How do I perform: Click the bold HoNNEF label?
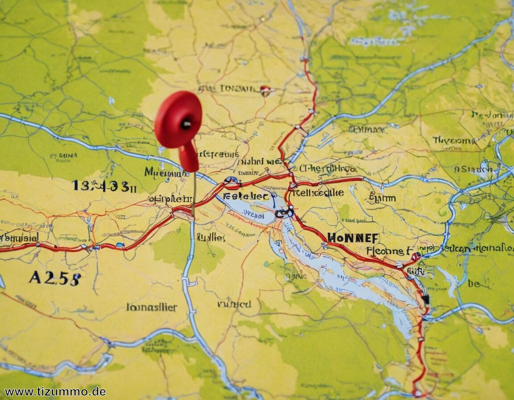click(353, 238)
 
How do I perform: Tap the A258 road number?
click(55, 278)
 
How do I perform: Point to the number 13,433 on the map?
click(104, 186)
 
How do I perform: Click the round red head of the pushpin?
click(178, 119)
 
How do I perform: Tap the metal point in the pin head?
click(186, 124)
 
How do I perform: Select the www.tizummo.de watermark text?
click(55, 392)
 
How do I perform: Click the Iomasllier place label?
click(152, 307)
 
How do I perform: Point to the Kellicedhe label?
click(319, 192)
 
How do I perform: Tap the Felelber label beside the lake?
click(246, 196)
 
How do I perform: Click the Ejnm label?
click(382, 198)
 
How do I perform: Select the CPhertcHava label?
click(327, 169)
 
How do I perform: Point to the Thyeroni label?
click(454, 141)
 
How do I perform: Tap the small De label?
click(474, 283)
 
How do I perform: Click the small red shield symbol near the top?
click(265, 91)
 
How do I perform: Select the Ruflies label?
click(211, 237)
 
